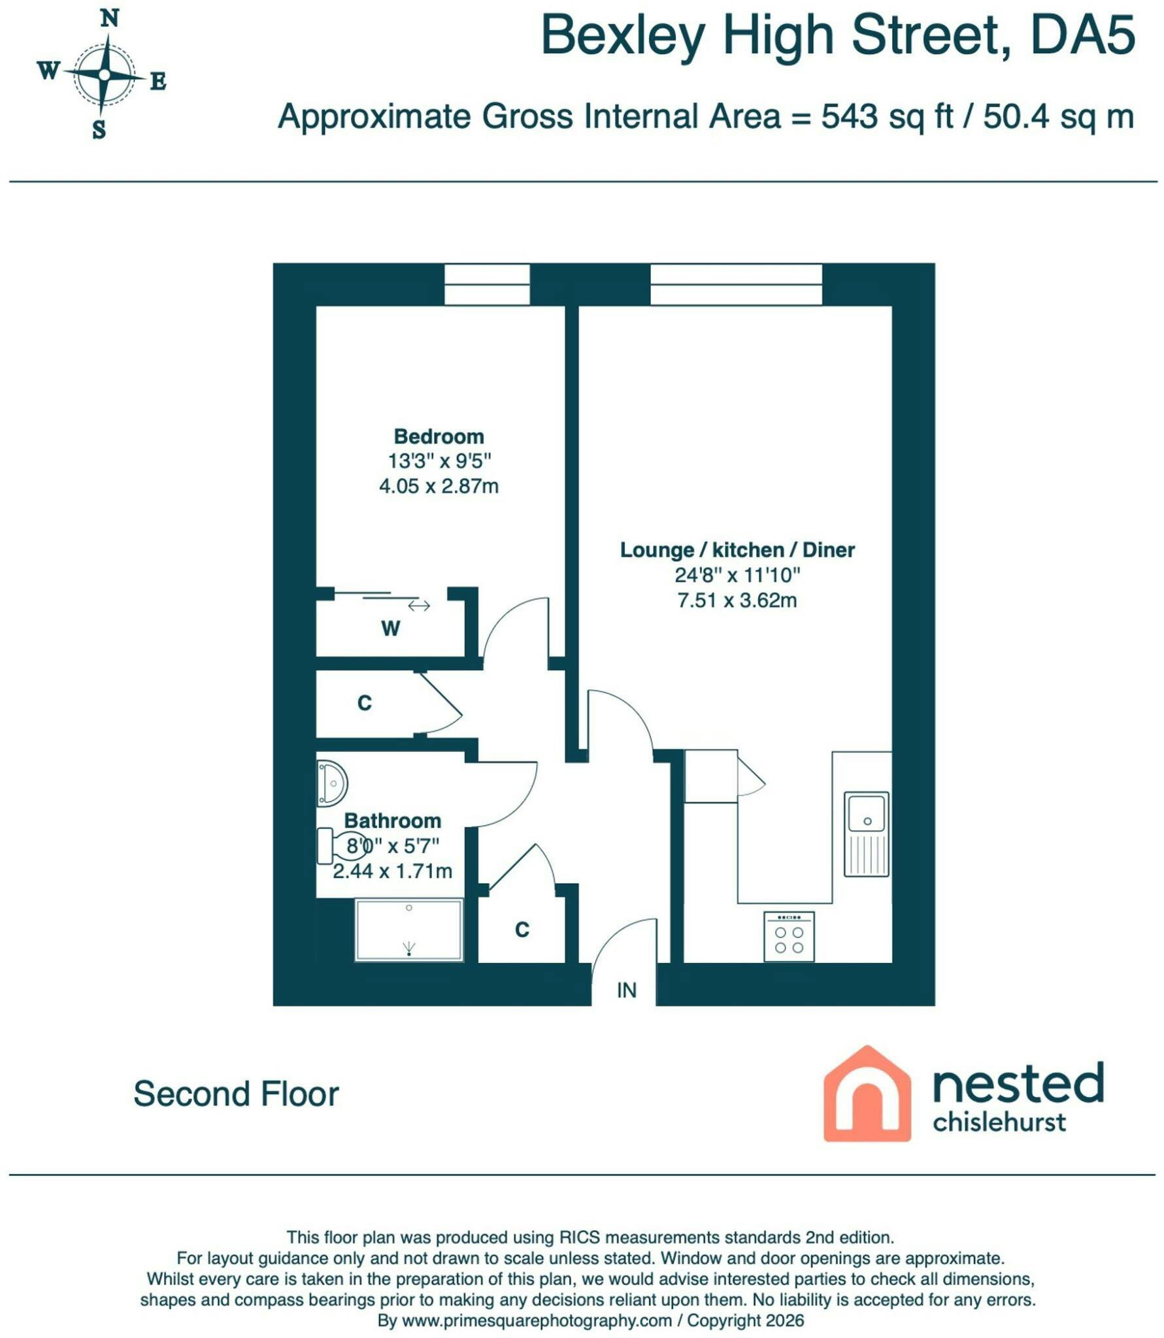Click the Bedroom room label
pos(439,436)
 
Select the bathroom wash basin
pos(332,783)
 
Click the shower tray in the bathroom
pos(409,930)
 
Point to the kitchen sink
pos(867,834)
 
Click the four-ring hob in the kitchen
pos(789,937)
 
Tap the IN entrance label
pos(627,990)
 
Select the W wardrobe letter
pos(390,628)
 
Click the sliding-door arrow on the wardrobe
pos(419,606)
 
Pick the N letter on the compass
pos(110,19)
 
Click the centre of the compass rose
pos(105,75)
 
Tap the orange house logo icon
pos(867,1094)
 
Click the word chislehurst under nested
pos(999,1122)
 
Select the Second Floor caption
pos(237,1094)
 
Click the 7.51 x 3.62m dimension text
pos(737,600)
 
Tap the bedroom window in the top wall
pos(487,284)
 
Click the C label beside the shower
pos(522,929)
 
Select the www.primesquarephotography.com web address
pos(537,1320)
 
